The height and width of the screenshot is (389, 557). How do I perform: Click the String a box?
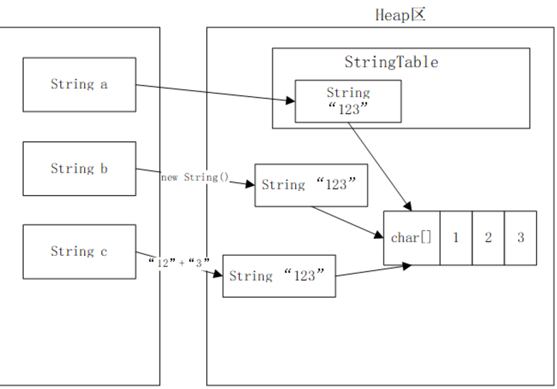79,85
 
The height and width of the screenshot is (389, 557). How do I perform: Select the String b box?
79,169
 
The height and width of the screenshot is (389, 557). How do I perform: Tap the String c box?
79,252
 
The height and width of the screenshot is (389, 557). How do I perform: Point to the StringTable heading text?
391,62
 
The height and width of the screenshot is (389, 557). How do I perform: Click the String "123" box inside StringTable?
348,101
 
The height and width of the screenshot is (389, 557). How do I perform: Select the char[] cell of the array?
411,238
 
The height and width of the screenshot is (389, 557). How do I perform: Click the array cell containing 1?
456,238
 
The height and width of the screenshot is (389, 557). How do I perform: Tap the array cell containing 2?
488,238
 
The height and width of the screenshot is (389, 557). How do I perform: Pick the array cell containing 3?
520,238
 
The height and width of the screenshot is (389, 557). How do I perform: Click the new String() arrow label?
191,177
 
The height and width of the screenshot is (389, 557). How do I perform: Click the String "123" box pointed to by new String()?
311,185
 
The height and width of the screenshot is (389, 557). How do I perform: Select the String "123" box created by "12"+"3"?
279,276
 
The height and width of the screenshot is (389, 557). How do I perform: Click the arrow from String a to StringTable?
212,93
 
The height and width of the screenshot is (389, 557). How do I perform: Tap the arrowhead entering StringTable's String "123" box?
291,101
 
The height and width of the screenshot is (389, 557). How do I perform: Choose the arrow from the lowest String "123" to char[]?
372,271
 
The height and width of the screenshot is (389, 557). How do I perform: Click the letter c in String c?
103,252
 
